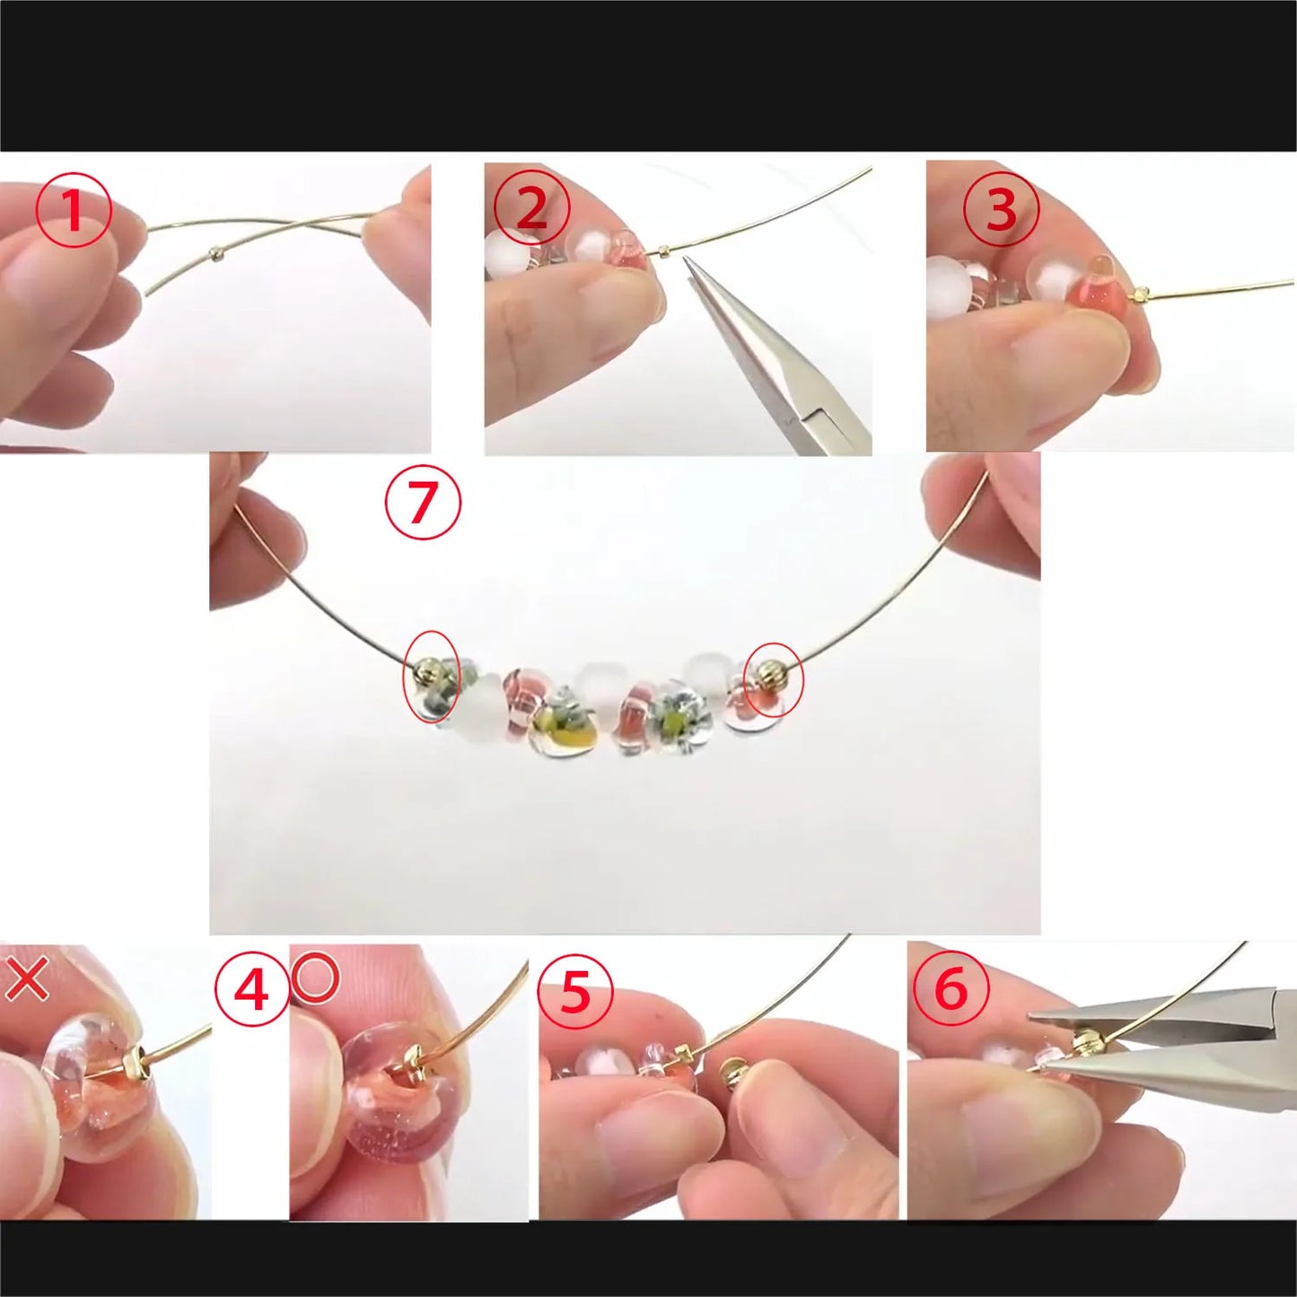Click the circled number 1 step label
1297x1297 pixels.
74,211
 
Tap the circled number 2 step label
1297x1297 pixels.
531,208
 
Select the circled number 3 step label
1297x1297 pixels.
1001,210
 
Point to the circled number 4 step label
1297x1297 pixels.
251,990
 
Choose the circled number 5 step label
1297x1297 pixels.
574,992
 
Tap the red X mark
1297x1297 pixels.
27,978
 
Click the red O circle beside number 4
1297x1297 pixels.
315,977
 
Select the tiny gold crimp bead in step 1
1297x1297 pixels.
215,254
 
